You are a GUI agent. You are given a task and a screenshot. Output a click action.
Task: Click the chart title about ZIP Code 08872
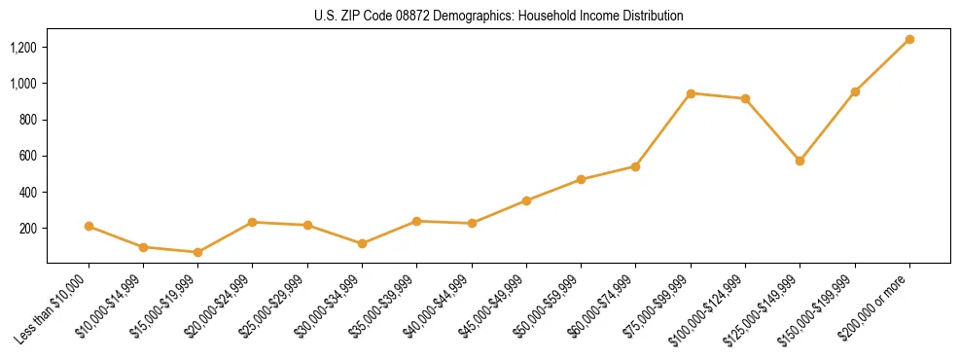tap(499, 16)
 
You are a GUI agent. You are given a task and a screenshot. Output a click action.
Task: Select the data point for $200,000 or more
tap(909, 40)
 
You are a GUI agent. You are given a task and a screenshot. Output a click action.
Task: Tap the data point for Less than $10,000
tap(89, 226)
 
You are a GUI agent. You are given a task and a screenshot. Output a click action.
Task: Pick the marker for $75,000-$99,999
tap(691, 93)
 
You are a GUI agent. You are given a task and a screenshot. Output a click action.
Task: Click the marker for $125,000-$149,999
tap(800, 161)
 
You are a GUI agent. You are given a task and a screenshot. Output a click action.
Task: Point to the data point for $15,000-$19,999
tap(197, 252)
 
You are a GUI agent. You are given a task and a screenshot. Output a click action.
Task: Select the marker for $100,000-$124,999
tap(745, 98)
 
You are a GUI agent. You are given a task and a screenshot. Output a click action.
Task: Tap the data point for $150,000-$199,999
tap(855, 91)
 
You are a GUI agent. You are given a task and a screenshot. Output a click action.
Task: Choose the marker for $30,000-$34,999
tap(362, 243)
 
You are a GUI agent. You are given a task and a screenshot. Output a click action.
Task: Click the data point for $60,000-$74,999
tap(635, 166)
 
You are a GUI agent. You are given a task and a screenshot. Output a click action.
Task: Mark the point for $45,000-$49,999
tap(526, 200)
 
